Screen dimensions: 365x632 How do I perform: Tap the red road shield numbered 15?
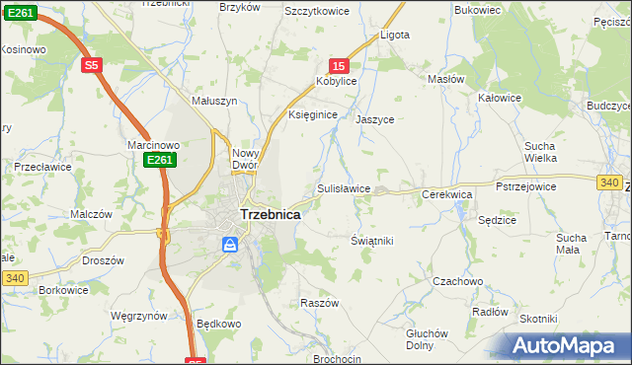(339, 64)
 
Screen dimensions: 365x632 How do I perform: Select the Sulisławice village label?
(344, 187)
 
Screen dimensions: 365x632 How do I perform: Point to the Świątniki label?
(372, 241)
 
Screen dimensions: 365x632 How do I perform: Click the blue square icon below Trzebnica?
(230, 244)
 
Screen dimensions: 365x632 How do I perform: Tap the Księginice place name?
(313, 115)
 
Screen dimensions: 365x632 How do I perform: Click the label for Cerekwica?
(447, 195)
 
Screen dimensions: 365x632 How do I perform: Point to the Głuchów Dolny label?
(428, 338)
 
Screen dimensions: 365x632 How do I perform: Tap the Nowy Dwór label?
(244, 159)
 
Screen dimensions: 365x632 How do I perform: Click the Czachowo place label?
(458, 281)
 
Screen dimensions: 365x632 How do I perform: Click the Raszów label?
(319, 303)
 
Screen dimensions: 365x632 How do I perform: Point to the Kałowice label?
(499, 98)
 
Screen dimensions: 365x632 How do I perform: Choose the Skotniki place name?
(539, 319)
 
